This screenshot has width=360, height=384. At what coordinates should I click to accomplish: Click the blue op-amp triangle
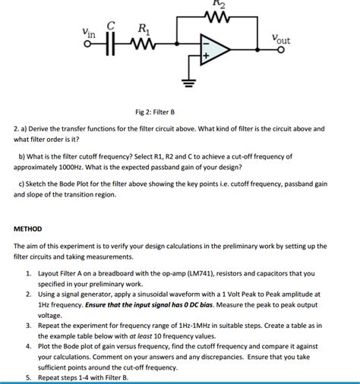213,50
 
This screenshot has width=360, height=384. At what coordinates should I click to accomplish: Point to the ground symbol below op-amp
185,83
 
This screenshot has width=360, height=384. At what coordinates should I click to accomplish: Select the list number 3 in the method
28,324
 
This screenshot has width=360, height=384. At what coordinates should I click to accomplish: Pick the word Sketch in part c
39,184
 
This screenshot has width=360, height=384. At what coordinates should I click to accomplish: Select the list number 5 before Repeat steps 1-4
28,377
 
